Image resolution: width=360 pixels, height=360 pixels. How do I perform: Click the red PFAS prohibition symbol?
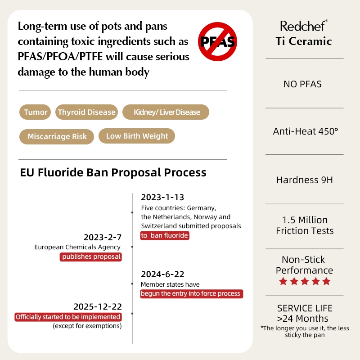click(x=218, y=41)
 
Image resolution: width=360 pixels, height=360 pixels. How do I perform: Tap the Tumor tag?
click(x=36, y=112)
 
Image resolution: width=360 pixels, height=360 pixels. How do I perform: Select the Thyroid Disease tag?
click(x=87, y=112)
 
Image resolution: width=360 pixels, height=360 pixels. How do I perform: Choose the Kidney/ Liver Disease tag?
click(x=166, y=112)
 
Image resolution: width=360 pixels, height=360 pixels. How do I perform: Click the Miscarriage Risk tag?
click(x=57, y=136)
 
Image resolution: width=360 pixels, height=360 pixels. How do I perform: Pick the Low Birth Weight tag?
click(x=137, y=136)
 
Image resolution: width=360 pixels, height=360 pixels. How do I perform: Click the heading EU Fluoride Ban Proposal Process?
click(x=113, y=172)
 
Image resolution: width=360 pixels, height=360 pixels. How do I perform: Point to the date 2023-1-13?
click(x=162, y=198)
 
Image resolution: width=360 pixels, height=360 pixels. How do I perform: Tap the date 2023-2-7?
click(x=103, y=237)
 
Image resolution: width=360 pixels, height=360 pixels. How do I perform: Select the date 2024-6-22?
click(x=162, y=274)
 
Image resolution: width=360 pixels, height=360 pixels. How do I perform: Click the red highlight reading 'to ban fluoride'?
click(x=164, y=235)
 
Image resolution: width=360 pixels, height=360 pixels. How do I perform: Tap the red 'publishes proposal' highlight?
click(x=91, y=256)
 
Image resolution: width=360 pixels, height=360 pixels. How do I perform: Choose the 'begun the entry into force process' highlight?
click(x=191, y=293)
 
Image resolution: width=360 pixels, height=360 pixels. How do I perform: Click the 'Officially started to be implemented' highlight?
click(x=68, y=317)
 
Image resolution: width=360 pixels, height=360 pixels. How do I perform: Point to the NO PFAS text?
click(x=302, y=84)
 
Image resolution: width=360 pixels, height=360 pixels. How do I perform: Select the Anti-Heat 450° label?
click(x=305, y=132)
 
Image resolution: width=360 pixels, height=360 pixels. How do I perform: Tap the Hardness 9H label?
click(x=305, y=180)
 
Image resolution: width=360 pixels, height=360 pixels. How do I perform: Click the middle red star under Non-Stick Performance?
click(x=305, y=282)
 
